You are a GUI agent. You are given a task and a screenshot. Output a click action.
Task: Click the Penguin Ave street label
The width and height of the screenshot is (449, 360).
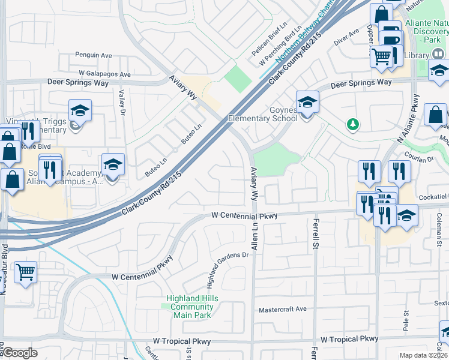point(93,55)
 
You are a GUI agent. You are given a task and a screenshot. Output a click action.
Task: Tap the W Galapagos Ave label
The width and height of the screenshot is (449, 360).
point(103,74)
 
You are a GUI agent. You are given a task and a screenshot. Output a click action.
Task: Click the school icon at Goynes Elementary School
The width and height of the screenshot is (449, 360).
point(307,102)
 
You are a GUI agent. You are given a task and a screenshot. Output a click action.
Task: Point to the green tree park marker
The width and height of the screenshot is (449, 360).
point(354,124)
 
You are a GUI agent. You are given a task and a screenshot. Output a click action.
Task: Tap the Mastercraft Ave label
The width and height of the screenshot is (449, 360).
point(283,310)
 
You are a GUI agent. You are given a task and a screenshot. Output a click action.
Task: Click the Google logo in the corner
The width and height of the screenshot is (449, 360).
point(20,353)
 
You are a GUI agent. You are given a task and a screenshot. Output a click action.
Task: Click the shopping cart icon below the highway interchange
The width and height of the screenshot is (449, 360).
point(25,272)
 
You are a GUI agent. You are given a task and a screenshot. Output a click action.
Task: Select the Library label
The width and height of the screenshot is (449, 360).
point(416,56)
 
